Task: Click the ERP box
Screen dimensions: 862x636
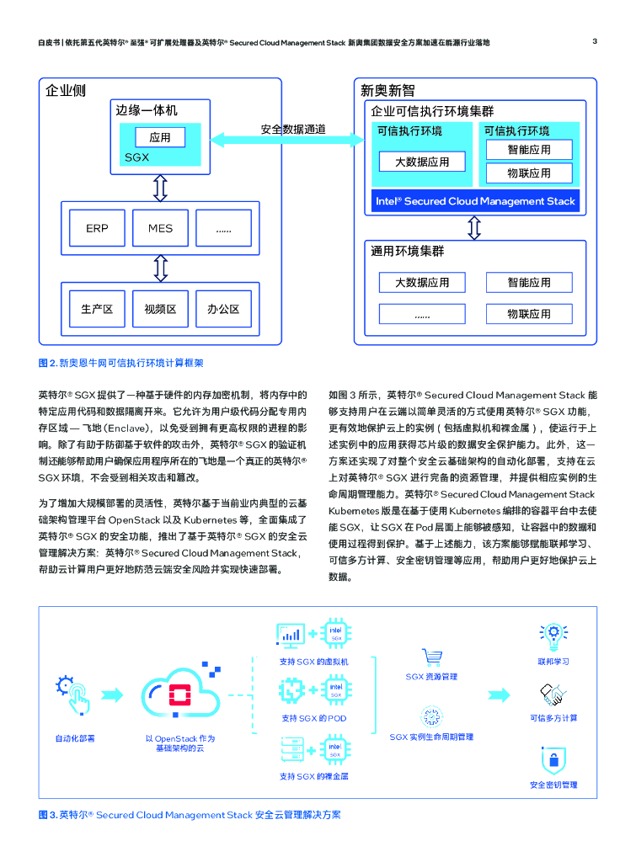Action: click(x=96, y=228)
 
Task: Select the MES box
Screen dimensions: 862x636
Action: click(x=160, y=228)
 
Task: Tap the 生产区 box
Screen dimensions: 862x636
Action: click(x=96, y=309)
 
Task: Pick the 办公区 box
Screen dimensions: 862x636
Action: click(x=223, y=309)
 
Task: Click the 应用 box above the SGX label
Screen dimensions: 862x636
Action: click(x=160, y=137)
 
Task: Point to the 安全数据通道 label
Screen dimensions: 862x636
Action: click(x=293, y=129)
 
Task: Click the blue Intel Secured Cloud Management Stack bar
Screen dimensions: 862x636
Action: click(x=475, y=201)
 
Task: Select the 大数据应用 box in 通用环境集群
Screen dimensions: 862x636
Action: click(x=422, y=283)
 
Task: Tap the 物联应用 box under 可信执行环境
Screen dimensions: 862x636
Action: click(x=529, y=173)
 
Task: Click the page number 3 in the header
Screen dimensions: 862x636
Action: click(x=595, y=41)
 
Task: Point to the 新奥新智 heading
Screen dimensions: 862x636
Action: click(x=387, y=91)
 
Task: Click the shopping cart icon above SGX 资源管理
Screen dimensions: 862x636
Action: click(x=432, y=657)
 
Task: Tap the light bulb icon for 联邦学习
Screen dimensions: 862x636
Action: click(x=553, y=633)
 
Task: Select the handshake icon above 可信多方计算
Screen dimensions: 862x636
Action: click(x=553, y=694)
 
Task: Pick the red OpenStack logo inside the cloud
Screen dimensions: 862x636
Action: click(x=179, y=694)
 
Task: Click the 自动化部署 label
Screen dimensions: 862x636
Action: click(x=75, y=738)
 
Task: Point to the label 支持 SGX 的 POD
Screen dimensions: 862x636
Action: click(x=314, y=718)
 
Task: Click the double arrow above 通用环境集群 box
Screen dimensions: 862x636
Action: click(x=474, y=227)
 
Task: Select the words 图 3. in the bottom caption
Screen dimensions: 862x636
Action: click(x=47, y=815)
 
